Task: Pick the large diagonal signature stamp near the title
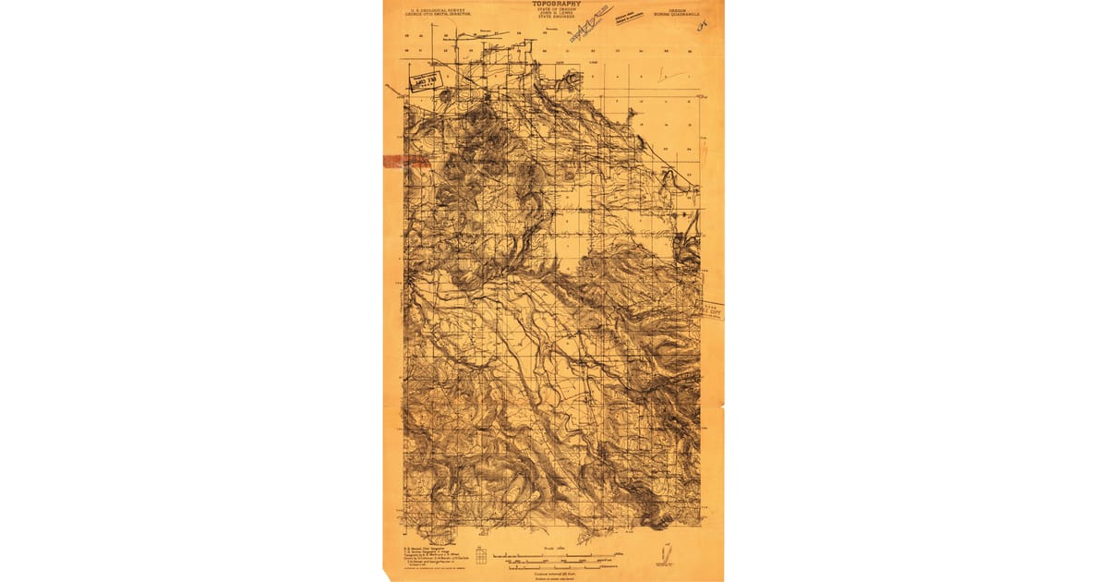(x=592, y=22)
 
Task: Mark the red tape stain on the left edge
(x=403, y=161)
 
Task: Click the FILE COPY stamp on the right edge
(x=712, y=311)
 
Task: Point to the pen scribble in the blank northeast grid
(x=671, y=75)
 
